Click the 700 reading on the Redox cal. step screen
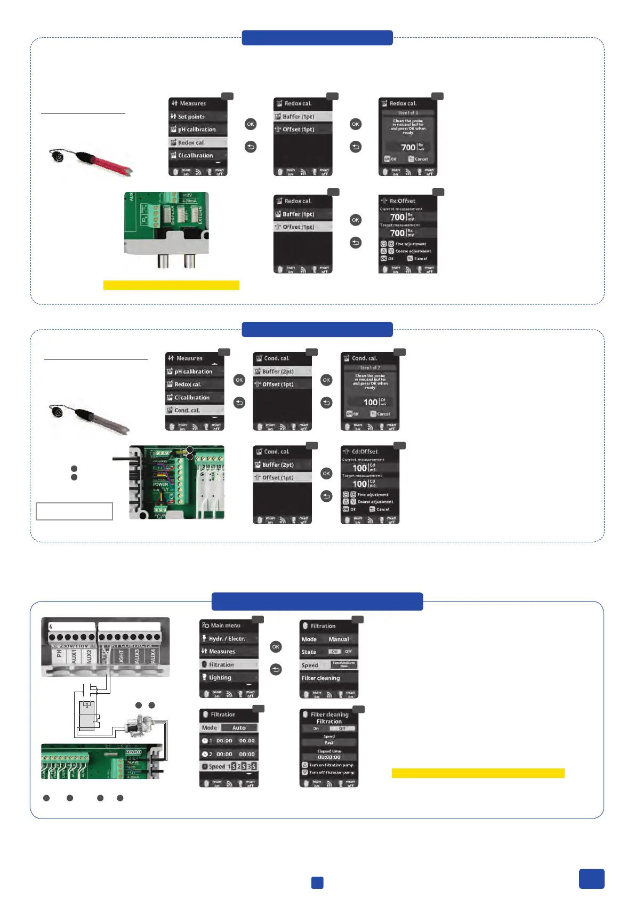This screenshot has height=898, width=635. (x=408, y=147)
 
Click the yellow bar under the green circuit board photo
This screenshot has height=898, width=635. (x=171, y=285)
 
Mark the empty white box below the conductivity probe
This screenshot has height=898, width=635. (x=74, y=511)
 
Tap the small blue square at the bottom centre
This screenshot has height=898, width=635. (x=317, y=883)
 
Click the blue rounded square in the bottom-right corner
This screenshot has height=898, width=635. (x=591, y=879)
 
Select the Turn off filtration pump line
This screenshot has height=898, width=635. (x=331, y=772)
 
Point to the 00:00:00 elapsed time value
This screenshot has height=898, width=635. (x=329, y=757)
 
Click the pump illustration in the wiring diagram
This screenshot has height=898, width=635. (x=140, y=726)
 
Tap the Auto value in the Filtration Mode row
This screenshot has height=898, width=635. (x=239, y=727)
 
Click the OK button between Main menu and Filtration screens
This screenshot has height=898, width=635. (x=276, y=646)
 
